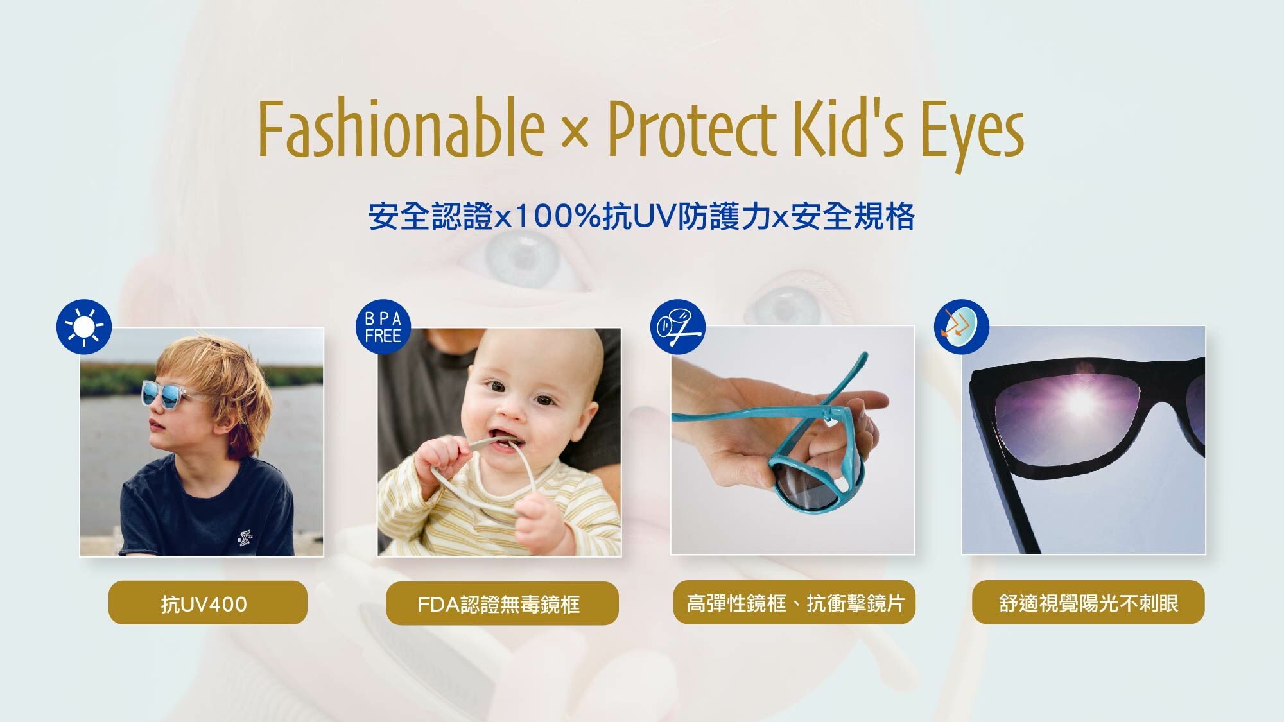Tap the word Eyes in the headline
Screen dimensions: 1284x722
[972, 135]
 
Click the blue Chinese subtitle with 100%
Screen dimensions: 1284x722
[641, 216]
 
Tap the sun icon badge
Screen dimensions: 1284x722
[84, 327]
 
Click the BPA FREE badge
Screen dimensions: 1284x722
[383, 327]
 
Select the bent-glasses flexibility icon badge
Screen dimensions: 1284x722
[678, 327]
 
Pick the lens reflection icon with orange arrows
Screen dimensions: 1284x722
[961, 327]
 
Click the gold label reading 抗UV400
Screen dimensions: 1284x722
[208, 603]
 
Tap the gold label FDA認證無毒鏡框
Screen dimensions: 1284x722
[502, 603]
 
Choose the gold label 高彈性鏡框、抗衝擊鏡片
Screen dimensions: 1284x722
[794, 603]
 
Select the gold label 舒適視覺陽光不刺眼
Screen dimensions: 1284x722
[1088, 602]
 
